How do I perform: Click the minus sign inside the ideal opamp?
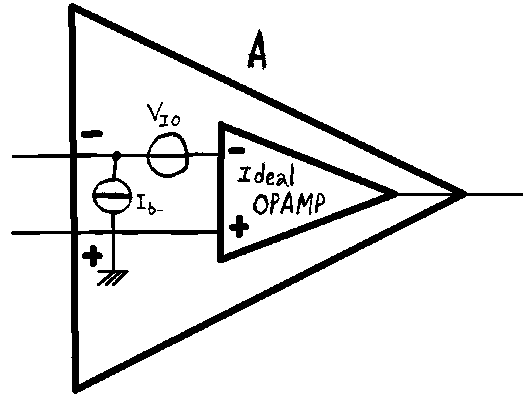(236, 150)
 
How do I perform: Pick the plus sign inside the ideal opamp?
(239, 226)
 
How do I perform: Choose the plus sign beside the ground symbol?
(92, 255)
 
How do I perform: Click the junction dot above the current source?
(117, 155)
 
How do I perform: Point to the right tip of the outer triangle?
(463, 193)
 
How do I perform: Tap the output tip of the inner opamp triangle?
(395, 193)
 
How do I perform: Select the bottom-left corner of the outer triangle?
(76, 388)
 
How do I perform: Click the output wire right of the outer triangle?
(495, 194)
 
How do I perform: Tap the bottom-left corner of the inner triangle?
(221, 259)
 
